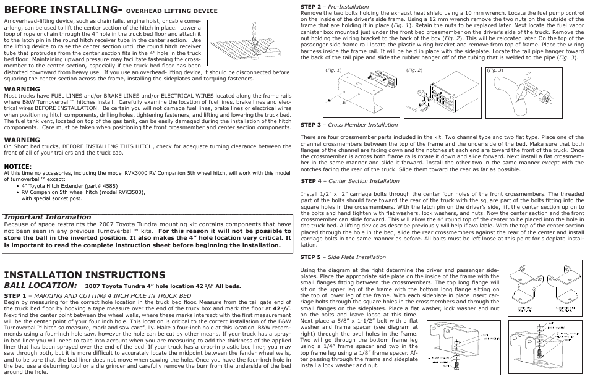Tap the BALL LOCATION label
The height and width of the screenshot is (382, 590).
(x=41, y=286)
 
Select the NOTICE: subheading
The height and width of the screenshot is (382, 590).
(x=18, y=166)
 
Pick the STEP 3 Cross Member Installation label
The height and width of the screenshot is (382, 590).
(x=340, y=125)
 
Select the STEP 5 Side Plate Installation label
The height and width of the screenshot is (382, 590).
(x=343, y=257)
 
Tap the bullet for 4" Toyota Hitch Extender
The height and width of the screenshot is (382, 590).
(x=62, y=185)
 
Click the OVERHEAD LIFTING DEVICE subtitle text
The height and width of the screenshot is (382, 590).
(x=172, y=11)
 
